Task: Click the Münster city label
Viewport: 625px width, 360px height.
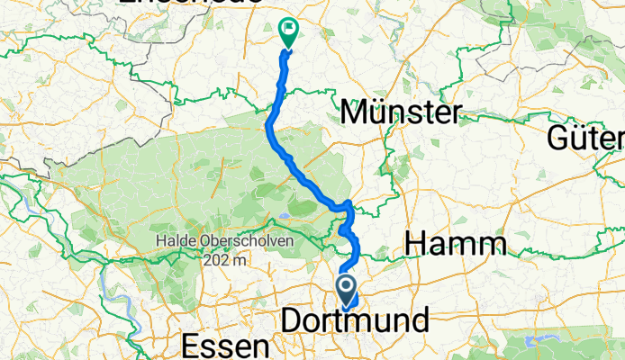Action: click(x=402, y=112)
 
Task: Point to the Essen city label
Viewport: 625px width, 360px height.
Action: click(x=225, y=346)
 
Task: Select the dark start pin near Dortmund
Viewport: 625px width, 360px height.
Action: click(x=348, y=288)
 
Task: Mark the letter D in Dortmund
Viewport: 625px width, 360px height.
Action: click(x=292, y=320)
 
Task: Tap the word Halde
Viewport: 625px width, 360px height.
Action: click(x=174, y=241)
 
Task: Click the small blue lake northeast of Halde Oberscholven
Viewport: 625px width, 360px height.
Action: click(x=285, y=216)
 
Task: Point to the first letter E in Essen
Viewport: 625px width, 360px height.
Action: click(x=191, y=346)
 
